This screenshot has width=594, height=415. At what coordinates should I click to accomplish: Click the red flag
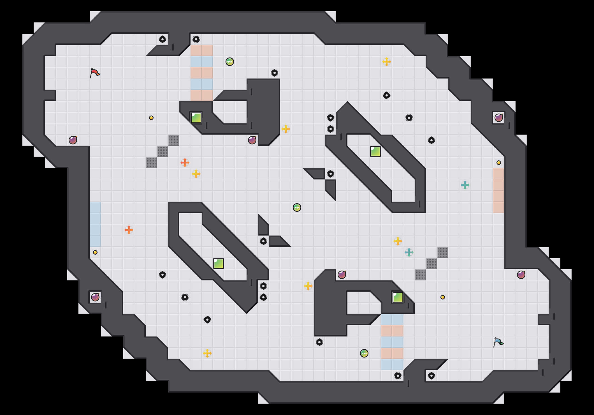(x=95, y=73)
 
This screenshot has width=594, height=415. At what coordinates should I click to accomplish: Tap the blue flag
(x=498, y=342)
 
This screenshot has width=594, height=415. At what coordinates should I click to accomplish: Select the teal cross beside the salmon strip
(x=465, y=185)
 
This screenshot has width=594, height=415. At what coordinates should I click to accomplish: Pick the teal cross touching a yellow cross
(x=409, y=252)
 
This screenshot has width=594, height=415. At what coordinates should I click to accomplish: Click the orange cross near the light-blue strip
(x=129, y=230)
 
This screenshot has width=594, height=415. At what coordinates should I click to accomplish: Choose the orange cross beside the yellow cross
(x=185, y=163)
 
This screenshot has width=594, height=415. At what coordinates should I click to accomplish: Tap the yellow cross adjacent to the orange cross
(x=196, y=174)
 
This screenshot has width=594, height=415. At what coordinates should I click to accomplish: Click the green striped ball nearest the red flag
(x=230, y=62)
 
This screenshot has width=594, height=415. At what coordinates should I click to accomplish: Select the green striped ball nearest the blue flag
(x=364, y=353)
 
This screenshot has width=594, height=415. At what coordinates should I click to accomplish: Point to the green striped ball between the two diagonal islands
(x=297, y=208)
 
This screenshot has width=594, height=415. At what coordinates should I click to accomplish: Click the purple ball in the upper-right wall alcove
(x=499, y=118)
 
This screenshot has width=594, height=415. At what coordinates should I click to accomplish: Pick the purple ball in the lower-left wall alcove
(x=95, y=297)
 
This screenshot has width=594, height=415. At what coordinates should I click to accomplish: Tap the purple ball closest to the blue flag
(x=521, y=275)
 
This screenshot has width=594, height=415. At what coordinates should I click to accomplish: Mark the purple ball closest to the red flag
(x=73, y=140)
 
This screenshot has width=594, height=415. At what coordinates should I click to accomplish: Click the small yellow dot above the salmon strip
(x=499, y=163)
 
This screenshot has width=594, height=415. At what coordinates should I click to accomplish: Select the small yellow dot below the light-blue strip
(x=95, y=252)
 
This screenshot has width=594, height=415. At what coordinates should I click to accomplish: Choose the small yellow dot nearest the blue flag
(x=443, y=297)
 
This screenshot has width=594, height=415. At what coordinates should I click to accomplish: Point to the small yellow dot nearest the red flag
(x=151, y=118)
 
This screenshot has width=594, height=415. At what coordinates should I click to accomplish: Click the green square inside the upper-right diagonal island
(x=375, y=151)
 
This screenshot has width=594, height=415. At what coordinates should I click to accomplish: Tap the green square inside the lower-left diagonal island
(x=219, y=264)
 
